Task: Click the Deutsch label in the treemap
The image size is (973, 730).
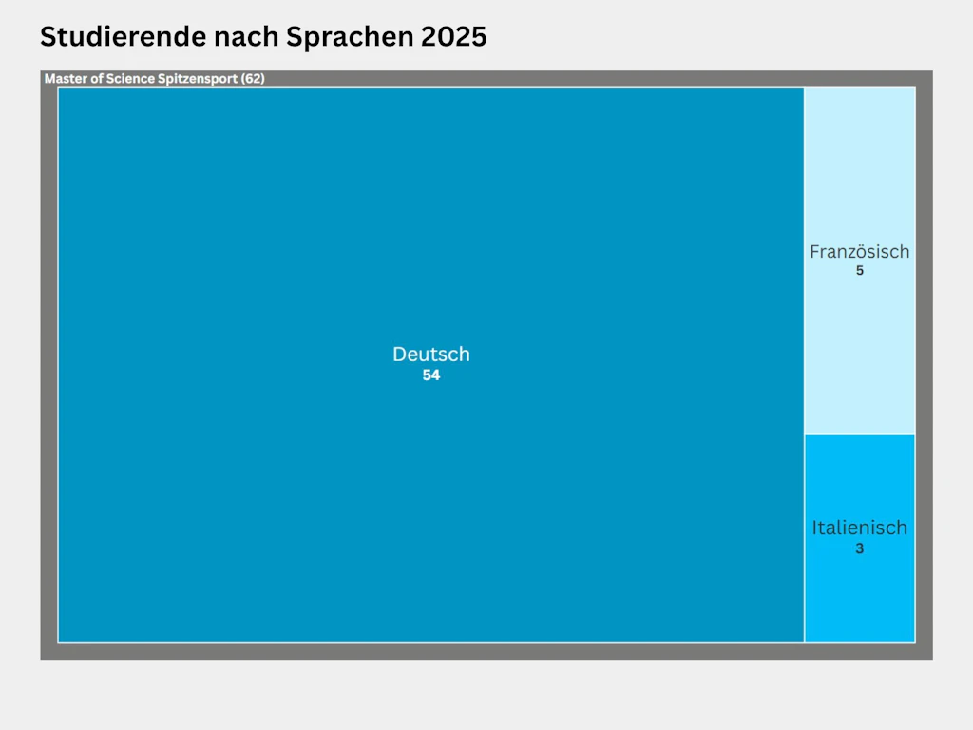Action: point(431,354)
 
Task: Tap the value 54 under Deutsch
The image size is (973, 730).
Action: point(431,375)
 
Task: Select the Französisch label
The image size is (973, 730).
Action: point(859,252)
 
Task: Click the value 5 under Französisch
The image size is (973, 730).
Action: point(859,271)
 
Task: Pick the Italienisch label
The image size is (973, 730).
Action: point(859,528)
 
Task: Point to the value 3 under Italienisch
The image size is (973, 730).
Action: point(859,548)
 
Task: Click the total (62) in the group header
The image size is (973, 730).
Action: point(253,79)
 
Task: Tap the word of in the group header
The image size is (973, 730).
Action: point(97,79)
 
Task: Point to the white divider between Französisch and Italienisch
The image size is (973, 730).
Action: point(859,434)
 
